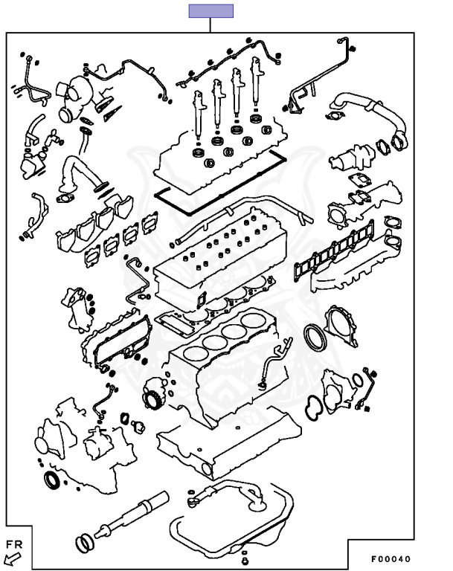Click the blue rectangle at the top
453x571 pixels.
211,11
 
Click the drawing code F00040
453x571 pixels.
391,558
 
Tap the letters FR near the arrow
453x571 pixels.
14,545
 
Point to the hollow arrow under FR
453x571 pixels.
13,558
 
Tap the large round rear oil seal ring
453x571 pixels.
316,337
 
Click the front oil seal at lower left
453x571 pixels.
54,480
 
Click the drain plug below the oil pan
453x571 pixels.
245,558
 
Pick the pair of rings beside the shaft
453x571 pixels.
85,543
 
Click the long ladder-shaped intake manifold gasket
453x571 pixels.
333,251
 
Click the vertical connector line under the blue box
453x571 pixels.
211,25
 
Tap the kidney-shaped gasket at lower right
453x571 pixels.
313,408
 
